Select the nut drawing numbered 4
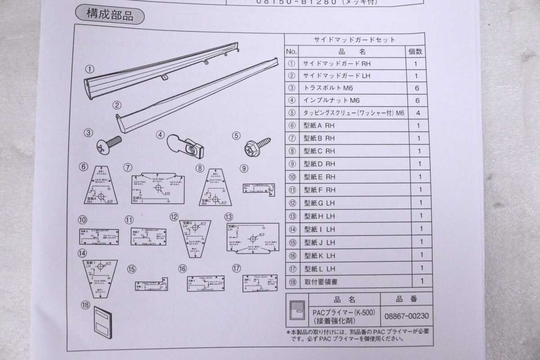(x=185, y=146)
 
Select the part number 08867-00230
(x=406, y=315)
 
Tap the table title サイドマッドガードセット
(x=354, y=40)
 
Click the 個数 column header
(x=415, y=52)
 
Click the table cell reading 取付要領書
(x=320, y=282)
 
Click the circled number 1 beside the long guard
(x=90, y=69)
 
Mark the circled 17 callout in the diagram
(x=236, y=268)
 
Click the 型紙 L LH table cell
(x=319, y=269)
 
